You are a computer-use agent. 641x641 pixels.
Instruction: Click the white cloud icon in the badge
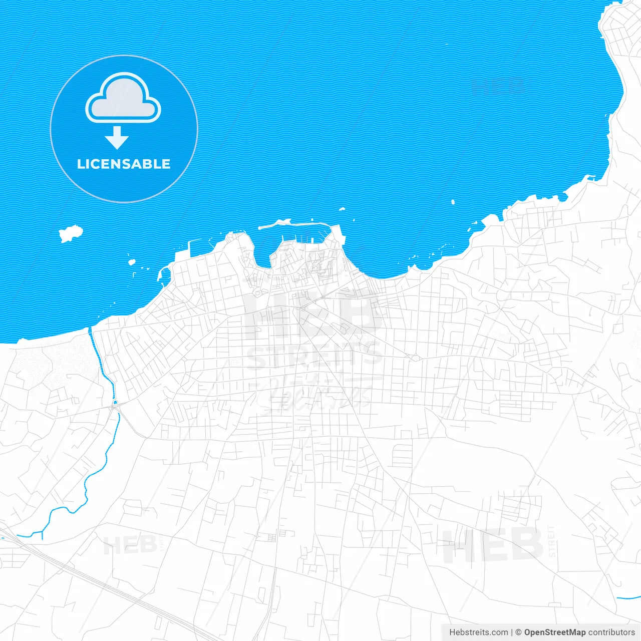[123, 98]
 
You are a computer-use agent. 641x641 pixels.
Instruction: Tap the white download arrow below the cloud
[117, 138]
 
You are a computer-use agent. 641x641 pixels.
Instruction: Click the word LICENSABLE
[124, 164]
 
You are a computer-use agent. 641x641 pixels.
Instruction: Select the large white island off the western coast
[70, 233]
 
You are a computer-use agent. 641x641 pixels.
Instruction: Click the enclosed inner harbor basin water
[300, 235]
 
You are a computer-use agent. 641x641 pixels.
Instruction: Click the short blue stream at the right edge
[628, 597]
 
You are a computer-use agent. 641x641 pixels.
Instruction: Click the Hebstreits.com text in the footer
[478, 632]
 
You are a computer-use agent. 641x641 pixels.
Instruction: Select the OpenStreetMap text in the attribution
[554, 632]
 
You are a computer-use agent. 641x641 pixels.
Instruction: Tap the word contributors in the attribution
[611, 632]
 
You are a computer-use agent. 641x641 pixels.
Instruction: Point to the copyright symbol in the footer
[518, 632]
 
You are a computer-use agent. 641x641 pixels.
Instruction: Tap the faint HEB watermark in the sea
[498, 87]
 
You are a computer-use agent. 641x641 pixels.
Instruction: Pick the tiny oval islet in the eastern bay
[453, 202]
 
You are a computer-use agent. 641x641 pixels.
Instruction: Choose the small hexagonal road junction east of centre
[415, 358]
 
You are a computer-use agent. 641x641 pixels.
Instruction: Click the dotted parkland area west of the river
[55, 361]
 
